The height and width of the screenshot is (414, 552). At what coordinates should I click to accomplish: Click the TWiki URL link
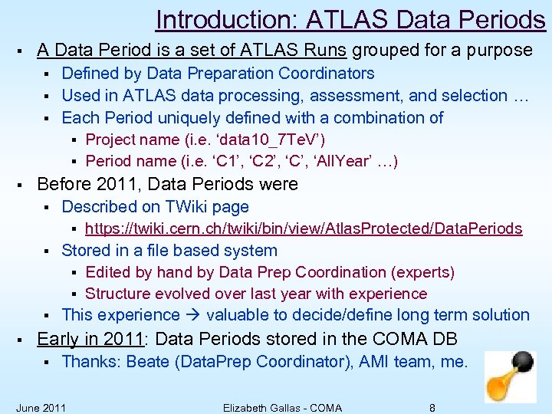pos(304,228)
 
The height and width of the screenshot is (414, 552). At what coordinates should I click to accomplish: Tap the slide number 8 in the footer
pos(432,408)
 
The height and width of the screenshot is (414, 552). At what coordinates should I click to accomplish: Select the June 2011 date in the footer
pos(41,408)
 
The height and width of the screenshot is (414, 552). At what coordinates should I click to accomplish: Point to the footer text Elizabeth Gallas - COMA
pos(282,408)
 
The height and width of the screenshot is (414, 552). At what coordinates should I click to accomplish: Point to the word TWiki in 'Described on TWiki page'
pos(186,206)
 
